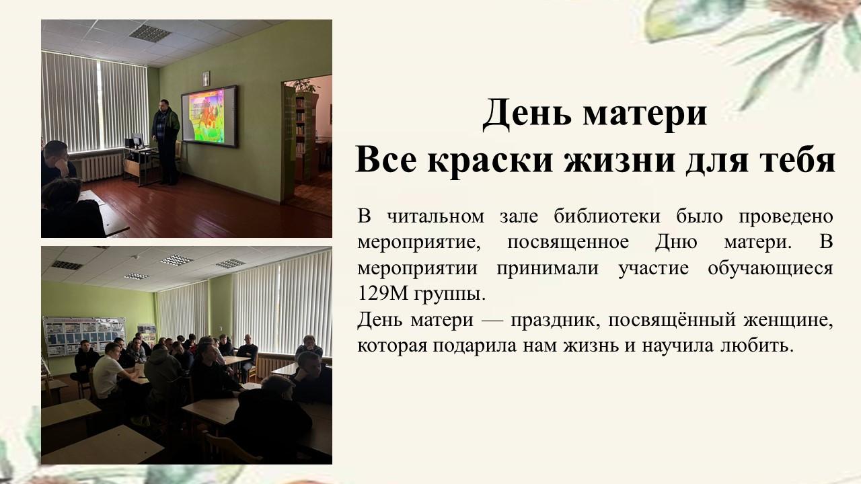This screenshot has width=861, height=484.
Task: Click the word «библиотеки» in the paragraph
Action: coord(607,216)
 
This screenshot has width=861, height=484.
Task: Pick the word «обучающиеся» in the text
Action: coord(770,269)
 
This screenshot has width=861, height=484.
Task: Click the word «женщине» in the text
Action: coord(787,321)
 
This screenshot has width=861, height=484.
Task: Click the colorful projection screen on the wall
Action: coord(209,116)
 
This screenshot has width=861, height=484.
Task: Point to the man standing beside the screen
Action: coord(166,142)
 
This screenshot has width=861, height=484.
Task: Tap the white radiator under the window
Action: coord(101,166)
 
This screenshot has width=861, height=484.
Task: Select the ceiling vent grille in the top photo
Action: coord(150,32)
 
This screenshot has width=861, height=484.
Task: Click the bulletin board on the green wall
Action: coord(83,335)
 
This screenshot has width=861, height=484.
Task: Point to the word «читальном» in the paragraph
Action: coord(435,216)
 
